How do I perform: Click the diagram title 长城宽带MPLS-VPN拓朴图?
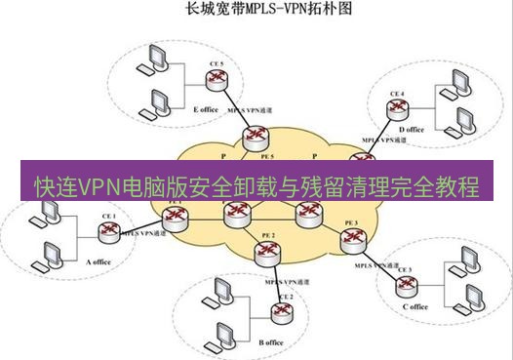click(256, 13)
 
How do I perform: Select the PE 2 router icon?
click(264, 253)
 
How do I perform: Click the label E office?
click(206, 110)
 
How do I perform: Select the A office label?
click(102, 261)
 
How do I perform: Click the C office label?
click(414, 307)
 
